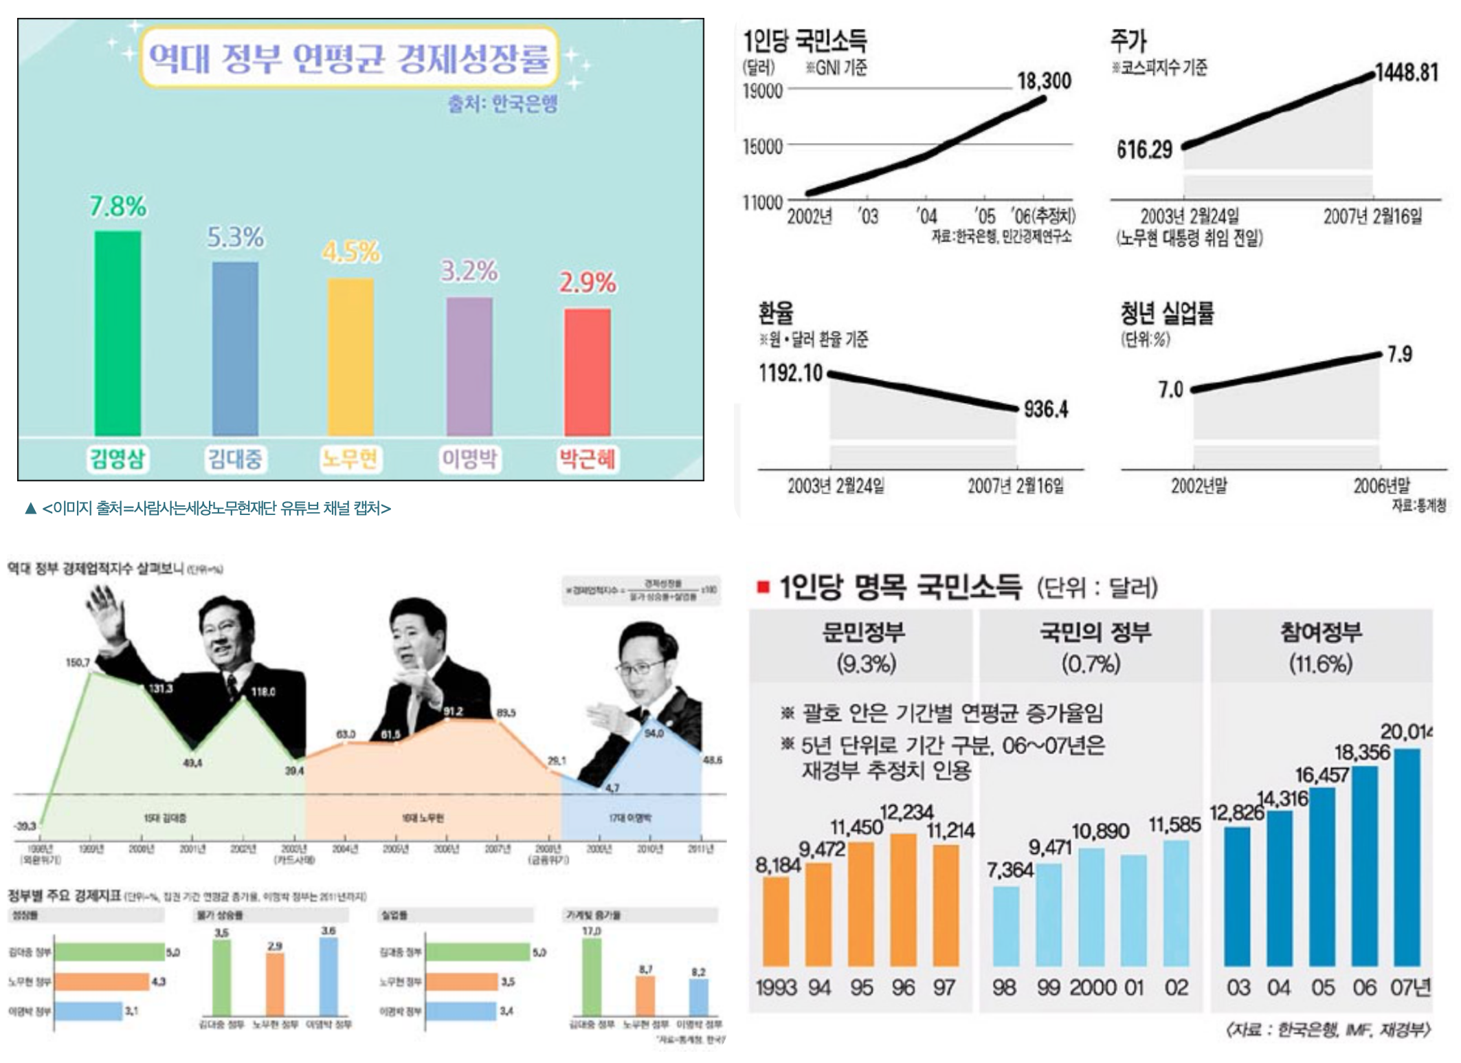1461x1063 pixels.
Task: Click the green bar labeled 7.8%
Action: [x=118, y=333]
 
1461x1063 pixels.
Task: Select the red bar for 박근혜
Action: [x=588, y=371]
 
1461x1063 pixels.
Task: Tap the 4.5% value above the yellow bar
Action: [x=351, y=252]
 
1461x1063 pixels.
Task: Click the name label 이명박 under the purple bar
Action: [x=469, y=459]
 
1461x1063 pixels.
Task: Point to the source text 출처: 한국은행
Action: [x=503, y=104]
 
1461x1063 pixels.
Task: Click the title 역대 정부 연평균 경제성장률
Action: [x=349, y=58]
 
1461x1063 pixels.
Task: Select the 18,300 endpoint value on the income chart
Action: [x=1044, y=81]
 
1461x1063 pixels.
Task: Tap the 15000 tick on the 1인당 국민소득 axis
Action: [x=763, y=146]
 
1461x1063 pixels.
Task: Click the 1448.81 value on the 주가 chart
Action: [x=1407, y=72]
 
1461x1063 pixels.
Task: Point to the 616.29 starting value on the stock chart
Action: [x=1144, y=149]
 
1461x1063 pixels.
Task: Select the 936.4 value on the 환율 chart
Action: [x=1046, y=410]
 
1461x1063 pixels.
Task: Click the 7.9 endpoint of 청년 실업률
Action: [x=1399, y=355]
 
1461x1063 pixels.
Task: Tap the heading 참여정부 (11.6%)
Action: [x=1320, y=646]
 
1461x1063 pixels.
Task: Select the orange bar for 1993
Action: [x=776, y=921]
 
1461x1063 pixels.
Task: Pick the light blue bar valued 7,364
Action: [x=1006, y=925]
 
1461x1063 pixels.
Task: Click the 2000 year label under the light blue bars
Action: [x=1093, y=988]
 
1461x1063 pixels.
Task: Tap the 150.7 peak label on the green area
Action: [x=78, y=663]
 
